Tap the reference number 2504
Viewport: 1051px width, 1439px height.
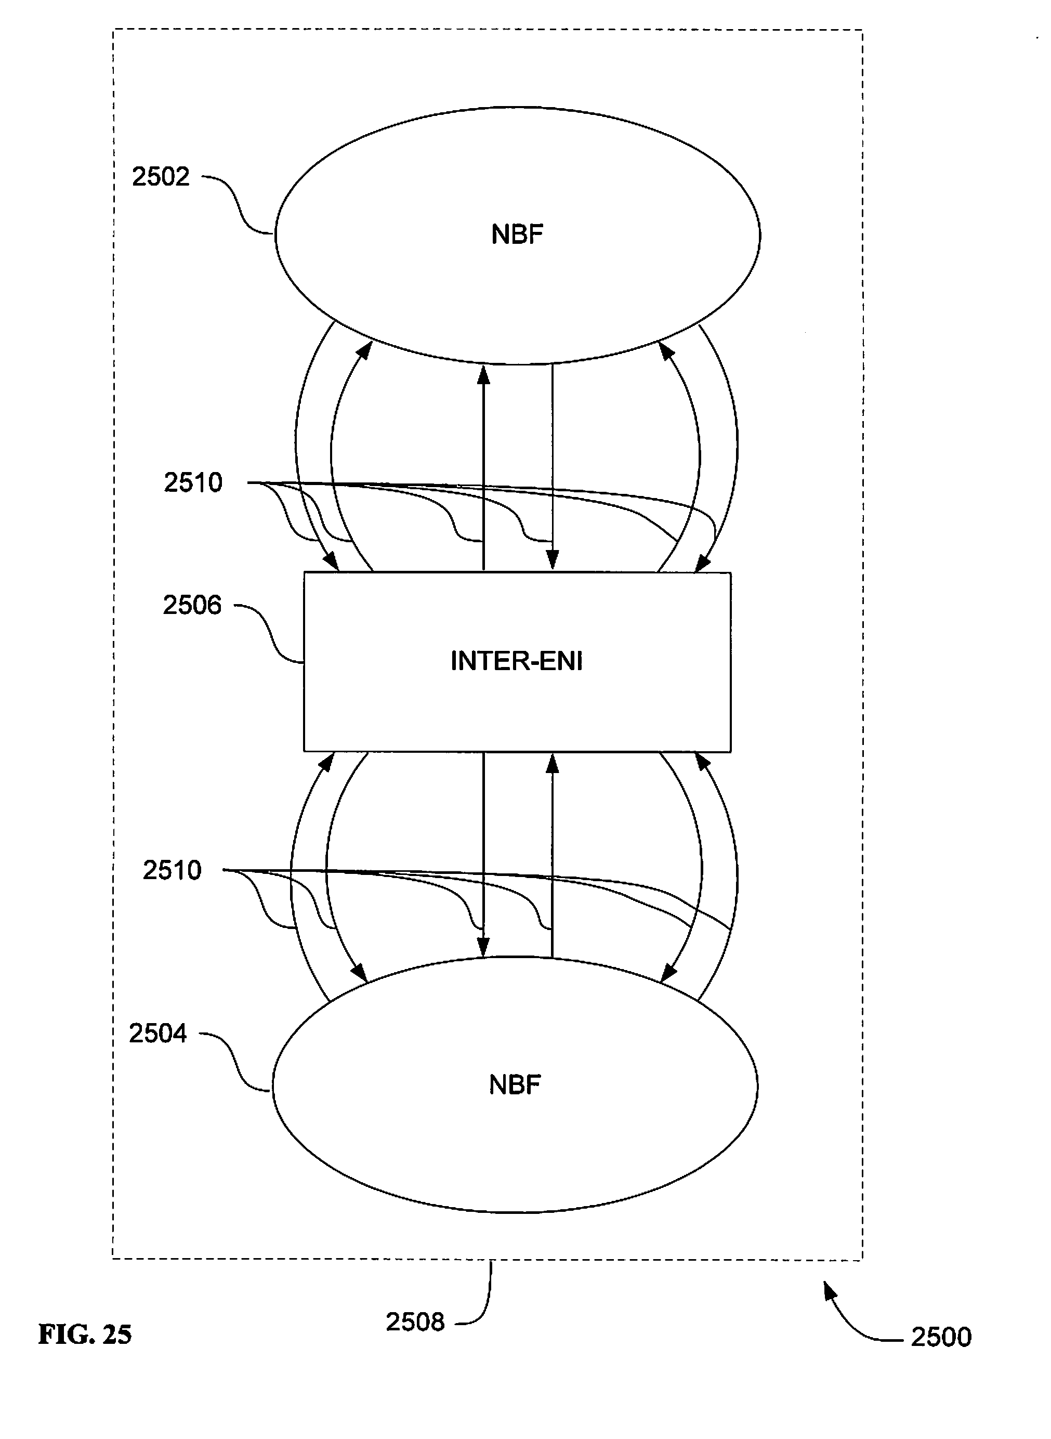click(x=158, y=1034)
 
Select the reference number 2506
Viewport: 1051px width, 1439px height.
click(x=192, y=605)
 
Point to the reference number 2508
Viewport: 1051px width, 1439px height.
click(x=415, y=1323)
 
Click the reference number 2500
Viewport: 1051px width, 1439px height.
click(x=941, y=1337)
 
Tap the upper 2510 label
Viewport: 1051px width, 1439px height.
click(x=193, y=483)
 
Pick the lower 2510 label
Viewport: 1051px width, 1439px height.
click(x=172, y=870)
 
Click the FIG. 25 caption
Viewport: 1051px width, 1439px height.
click(x=85, y=1335)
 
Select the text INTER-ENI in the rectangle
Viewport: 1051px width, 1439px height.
click(x=517, y=662)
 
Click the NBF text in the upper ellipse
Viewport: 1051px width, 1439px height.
click(x=517, y=235)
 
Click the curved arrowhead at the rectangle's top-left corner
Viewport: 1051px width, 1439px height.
click(x=331, y=562)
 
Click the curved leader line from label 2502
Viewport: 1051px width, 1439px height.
click(x=239, y=204)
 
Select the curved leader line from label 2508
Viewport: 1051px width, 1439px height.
click(x=487, y=1298)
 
